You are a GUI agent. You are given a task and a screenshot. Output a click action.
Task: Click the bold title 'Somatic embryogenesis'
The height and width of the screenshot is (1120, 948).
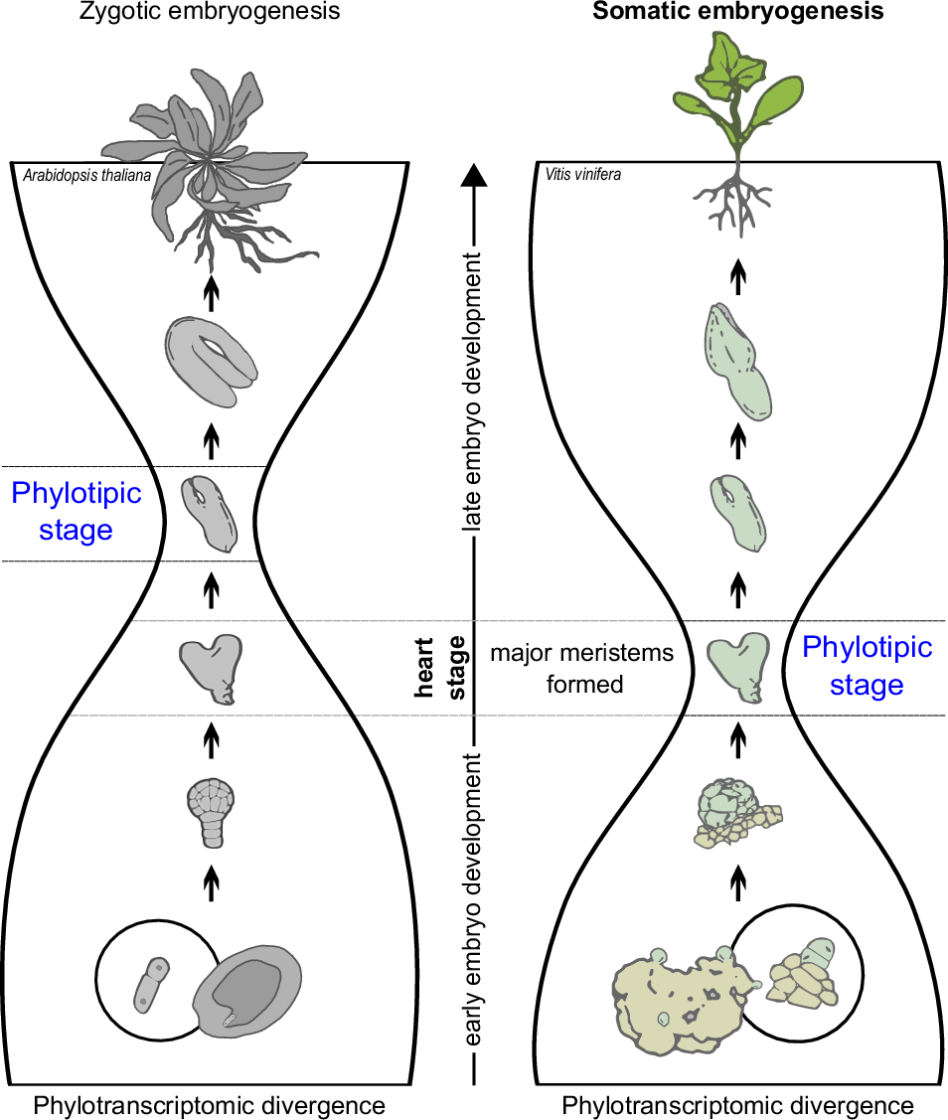(737, 13)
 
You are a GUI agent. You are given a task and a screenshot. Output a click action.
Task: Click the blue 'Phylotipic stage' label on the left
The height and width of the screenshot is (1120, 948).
(76, 511)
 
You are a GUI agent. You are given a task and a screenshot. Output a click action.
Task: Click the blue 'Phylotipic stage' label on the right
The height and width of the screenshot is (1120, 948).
(867, 666)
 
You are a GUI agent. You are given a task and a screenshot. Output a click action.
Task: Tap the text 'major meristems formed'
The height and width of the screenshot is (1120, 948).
(582, 669)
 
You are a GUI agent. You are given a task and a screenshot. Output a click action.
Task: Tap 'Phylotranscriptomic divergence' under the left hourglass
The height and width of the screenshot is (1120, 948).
(210, 1105)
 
